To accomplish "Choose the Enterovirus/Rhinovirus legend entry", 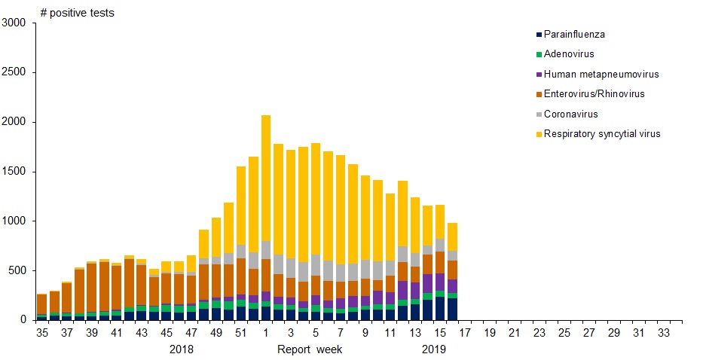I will [594, 93].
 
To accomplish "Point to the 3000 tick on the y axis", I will [14, 23].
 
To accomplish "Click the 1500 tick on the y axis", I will [14, 172].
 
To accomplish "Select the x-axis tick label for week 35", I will [42, 331].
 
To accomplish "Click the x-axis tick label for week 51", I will [241, 331].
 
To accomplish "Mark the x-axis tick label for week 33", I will [664, 331].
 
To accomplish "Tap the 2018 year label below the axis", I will [182, 349].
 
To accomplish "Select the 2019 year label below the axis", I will [433, 349].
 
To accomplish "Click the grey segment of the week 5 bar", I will [316, 265].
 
